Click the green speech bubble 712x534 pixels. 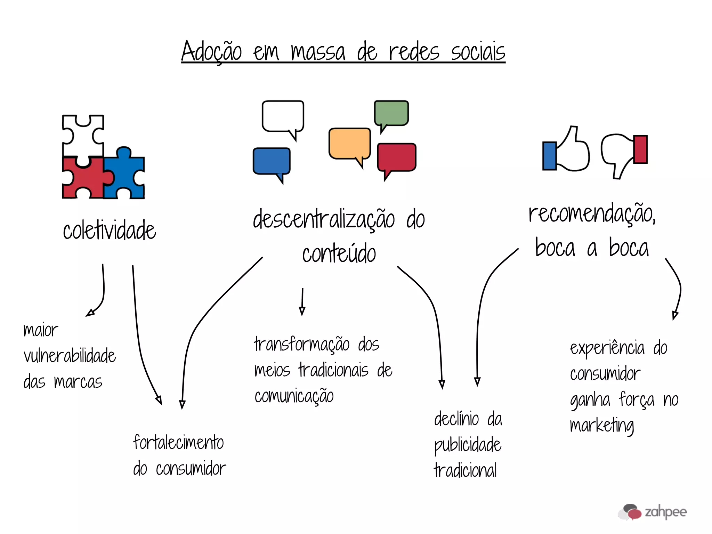pos(391,113)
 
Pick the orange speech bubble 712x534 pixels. pos(349,143)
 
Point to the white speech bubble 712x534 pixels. pos(283,116)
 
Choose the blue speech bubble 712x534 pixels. pos(272,161)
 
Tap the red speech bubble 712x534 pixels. pos(397,157)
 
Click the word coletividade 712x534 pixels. pos(110,230)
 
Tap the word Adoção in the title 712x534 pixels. pos(211,51)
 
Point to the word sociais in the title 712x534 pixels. pos(478,52)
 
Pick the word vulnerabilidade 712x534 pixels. pos(70,356)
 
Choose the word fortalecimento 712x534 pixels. pos(178,443)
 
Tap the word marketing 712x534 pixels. pos(602,426)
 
